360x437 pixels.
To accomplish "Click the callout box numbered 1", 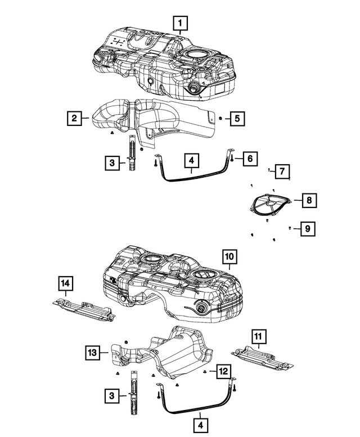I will pos(180,23).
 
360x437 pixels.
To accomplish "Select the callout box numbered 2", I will pos(73,118).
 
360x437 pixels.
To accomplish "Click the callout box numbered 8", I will pos(309,200).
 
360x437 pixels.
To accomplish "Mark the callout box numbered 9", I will pos(307,229).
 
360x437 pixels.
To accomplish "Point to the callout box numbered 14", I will pos(66,285).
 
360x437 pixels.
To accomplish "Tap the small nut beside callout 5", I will pos(221,118).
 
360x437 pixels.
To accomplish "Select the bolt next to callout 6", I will pos(232,159).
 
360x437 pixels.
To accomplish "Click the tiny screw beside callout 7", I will pos(270,169).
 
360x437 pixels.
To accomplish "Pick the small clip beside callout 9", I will pos(290,228).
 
